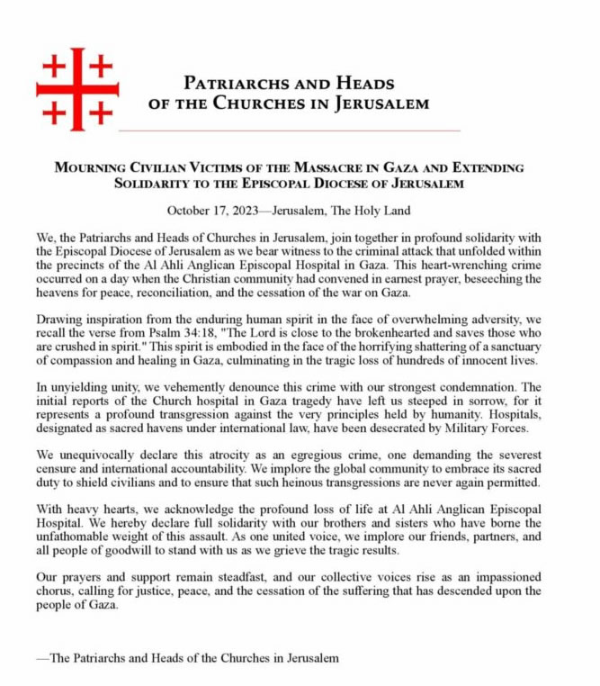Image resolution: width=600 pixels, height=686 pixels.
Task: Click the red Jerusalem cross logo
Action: [76, 88]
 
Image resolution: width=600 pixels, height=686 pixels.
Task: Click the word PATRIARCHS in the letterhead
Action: [237, 84]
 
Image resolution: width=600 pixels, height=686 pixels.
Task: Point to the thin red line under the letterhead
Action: [288, 131]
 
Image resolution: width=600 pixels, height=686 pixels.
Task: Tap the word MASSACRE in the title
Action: [337, 168]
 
